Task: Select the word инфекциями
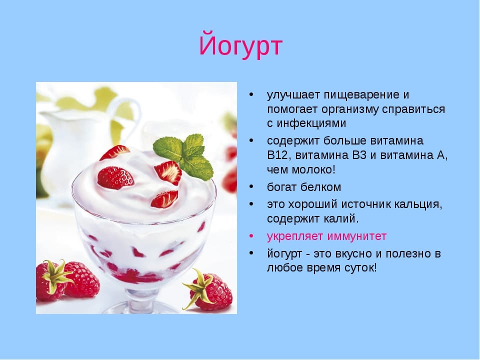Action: [x=311, y=123]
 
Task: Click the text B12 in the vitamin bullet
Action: [x=277, y=155]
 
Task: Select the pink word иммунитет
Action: [x=357, y=236]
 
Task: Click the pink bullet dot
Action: [x=251, y=236]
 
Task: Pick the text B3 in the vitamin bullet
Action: [x=359, y=155]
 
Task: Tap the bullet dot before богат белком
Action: [x=251, y=186]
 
